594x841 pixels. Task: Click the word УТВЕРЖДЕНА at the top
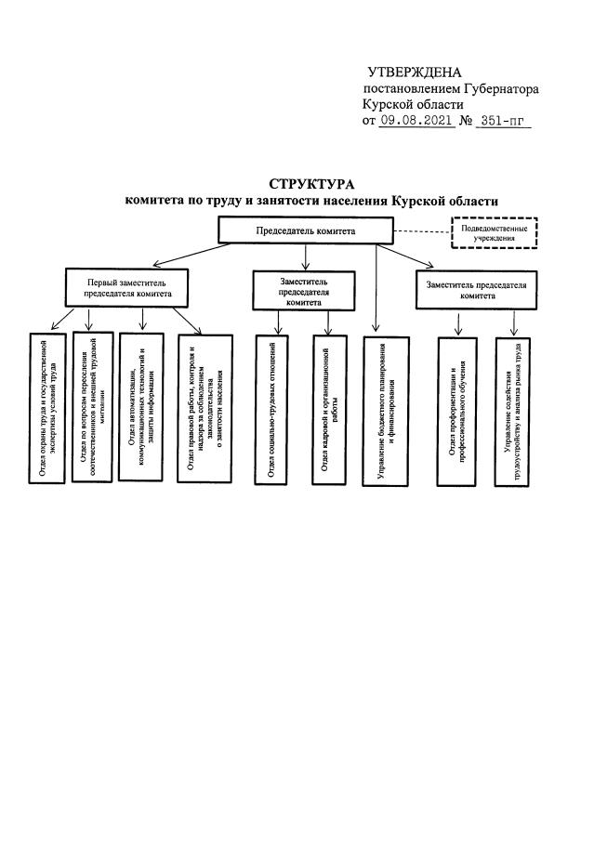[415, 72]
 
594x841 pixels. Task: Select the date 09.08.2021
[417, 121]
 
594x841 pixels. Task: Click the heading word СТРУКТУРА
[311, 184]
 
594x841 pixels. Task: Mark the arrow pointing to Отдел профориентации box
[456, 322]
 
